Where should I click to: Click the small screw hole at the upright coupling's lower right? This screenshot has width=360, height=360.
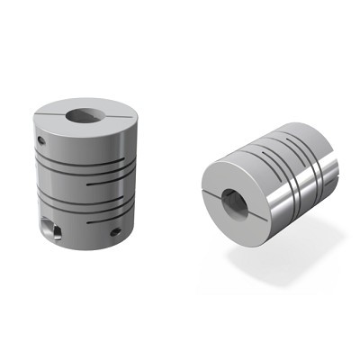coord(114,231)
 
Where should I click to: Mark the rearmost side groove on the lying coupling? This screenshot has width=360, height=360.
coord(310,171)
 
